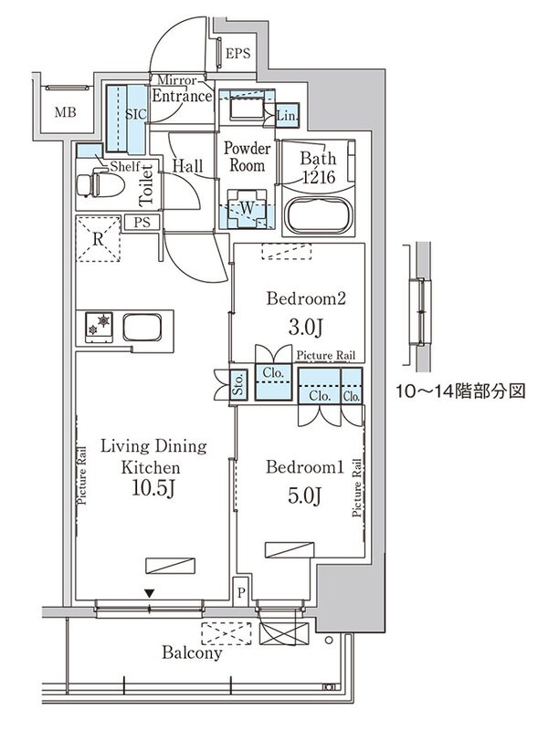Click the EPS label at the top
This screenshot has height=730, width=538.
(x=237, y=54)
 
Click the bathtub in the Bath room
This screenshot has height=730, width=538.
(x=317, y=214)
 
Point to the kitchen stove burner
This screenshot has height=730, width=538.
(x=100, y=325)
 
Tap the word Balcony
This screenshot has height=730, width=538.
(x=192, y=653)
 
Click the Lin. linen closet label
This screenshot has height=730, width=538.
(x=287, y=116)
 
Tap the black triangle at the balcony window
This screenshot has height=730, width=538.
(x=149, y=594)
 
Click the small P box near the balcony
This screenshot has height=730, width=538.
(x=240, y=590)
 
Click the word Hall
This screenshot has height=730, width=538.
(x=187, y=167)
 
